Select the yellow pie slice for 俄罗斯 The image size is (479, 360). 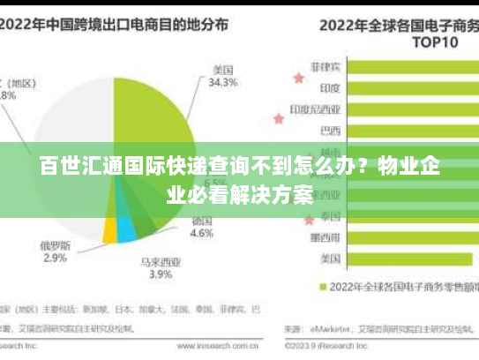pyautogui.click(x=110, y=231)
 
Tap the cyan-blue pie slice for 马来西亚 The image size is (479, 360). pyautogui.click(x=126, y=231)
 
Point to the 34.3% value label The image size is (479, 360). pyautogui.click(x=222, y=83)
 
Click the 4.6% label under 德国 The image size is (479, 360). pyautogui.click(x=202, y=234)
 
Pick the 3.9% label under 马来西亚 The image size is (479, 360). pyautogui.click(x=160, y=274)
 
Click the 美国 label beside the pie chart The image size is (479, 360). pyautogui.click(x=222, y=70)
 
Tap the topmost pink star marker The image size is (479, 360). pyautogui.click(x=298, y=78)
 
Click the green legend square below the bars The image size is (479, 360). pyautogui.click(x=323, y=287)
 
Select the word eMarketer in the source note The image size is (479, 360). pyautogui.click(x=326, y=329)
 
